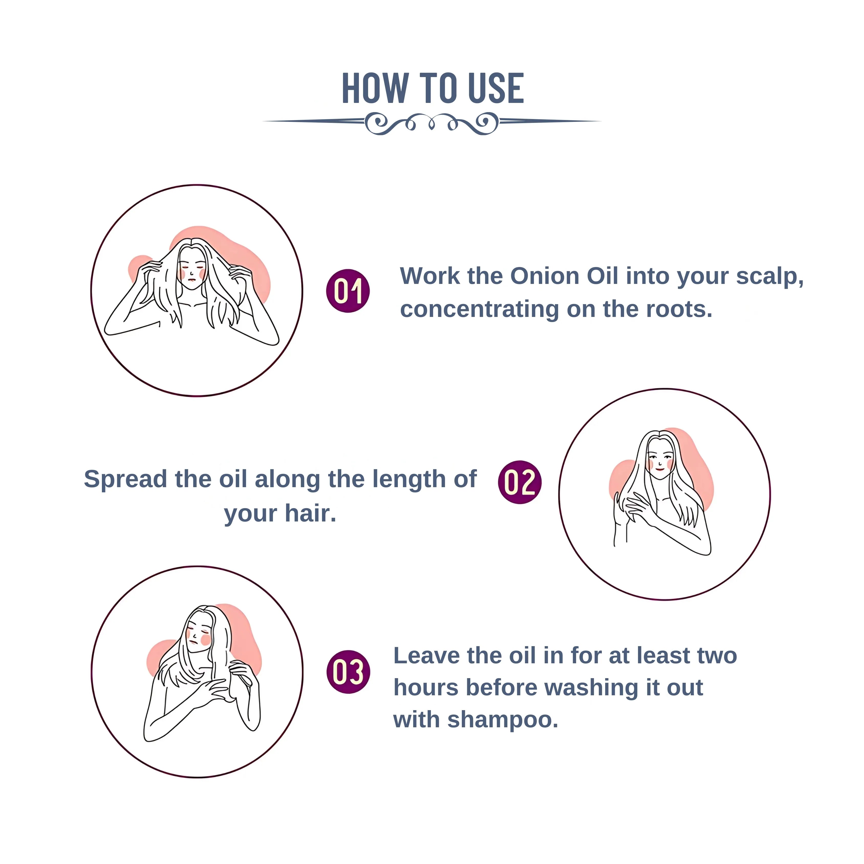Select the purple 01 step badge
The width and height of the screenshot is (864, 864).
(348, 291)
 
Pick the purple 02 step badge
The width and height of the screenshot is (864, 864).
(520, 482)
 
